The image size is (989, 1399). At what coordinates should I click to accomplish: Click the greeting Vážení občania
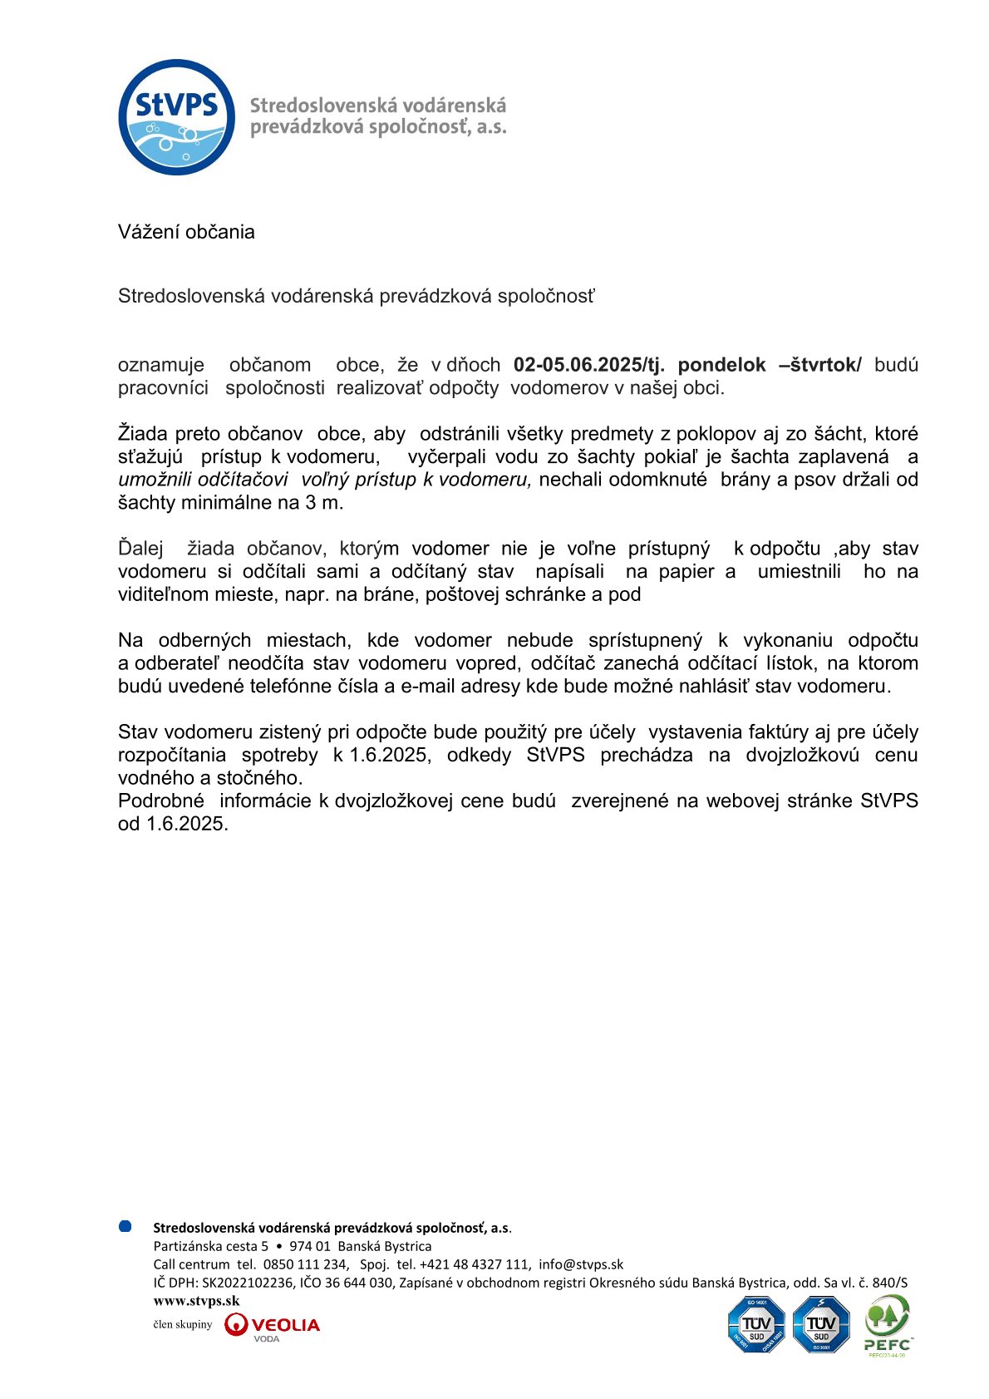click(x=186, y=232)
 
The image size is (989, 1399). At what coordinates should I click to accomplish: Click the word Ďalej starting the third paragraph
click(x=140, y=549)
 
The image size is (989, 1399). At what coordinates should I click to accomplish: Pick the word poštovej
click(x=462, y=594)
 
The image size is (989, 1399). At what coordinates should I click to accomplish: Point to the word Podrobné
click(x=160, y=800)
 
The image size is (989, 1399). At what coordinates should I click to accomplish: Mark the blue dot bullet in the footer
click(x=125, y=1226)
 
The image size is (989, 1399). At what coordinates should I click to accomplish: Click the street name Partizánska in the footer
click(x=186, y=1246)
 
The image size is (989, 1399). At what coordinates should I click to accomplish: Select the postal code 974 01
click(x=309, y=1246)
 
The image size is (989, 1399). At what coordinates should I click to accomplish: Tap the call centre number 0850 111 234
click(x=305, y=1264)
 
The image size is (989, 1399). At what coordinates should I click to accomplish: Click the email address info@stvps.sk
click(x=580, y=1264)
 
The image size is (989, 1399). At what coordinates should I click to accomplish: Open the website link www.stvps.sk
click(x=196, y=1301)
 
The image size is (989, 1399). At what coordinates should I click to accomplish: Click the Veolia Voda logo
click(x=272, y=1325)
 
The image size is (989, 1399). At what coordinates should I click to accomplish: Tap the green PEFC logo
click(x=888, y=1323)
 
